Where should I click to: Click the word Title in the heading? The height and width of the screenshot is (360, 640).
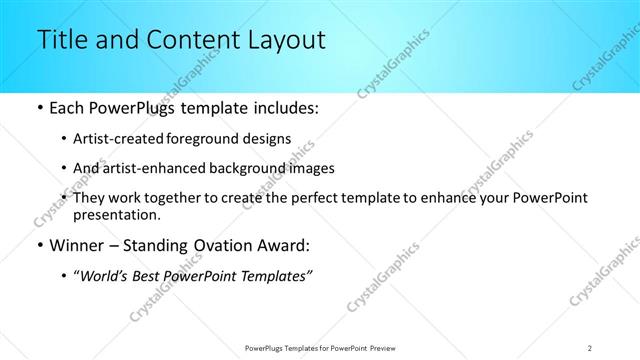[x=59, y=41]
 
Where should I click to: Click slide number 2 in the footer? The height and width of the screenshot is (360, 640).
[x=591, y=346]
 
